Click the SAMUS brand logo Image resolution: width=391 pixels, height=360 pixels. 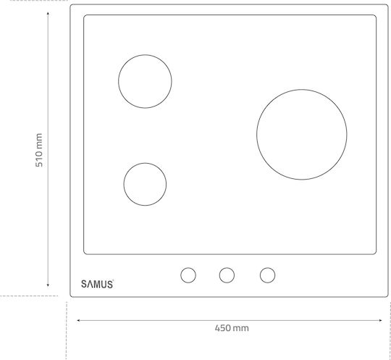97,284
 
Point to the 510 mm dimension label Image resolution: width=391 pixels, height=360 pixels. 39,150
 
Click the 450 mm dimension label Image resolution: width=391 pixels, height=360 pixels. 232,328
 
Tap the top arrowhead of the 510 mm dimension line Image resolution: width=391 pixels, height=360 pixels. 48,12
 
